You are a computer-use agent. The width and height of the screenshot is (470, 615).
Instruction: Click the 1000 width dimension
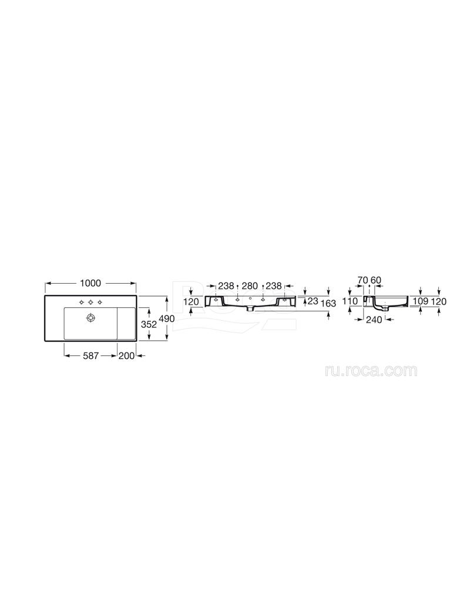pos(90,283)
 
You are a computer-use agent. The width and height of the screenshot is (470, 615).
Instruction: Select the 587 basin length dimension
pos(90,356)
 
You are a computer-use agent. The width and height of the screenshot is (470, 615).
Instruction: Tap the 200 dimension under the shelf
pos(127,356)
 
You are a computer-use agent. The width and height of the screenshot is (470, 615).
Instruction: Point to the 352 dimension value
pos(149,324)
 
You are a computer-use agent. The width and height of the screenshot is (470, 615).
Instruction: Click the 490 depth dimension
pos(167,319)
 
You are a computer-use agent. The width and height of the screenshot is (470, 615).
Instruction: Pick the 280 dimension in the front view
pos(249,286)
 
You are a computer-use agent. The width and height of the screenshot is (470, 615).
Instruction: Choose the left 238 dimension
pos(226,286)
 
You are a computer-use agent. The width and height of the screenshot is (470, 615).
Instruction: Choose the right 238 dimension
pos(274,286)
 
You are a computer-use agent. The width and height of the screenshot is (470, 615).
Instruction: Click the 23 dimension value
pos(313,301)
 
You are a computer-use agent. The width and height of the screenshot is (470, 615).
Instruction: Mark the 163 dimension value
pos(328,303)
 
